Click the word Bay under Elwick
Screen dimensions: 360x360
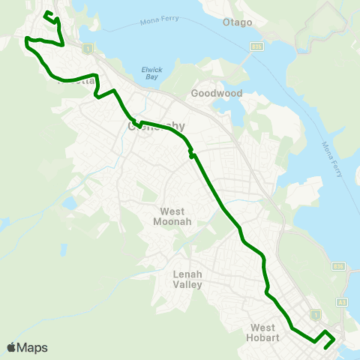click(151, 77)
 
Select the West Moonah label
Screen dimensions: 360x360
click(172, 217)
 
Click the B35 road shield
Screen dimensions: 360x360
click(256, 46)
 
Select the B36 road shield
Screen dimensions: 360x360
click(338, 265)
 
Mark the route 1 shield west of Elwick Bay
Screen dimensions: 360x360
click(88, 49)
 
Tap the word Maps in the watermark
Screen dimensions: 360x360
click(34, 347)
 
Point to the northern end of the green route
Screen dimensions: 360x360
click(46, 13)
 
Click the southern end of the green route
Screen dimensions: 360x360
click(325, 347)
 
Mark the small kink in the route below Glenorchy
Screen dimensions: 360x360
click(192, 155)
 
